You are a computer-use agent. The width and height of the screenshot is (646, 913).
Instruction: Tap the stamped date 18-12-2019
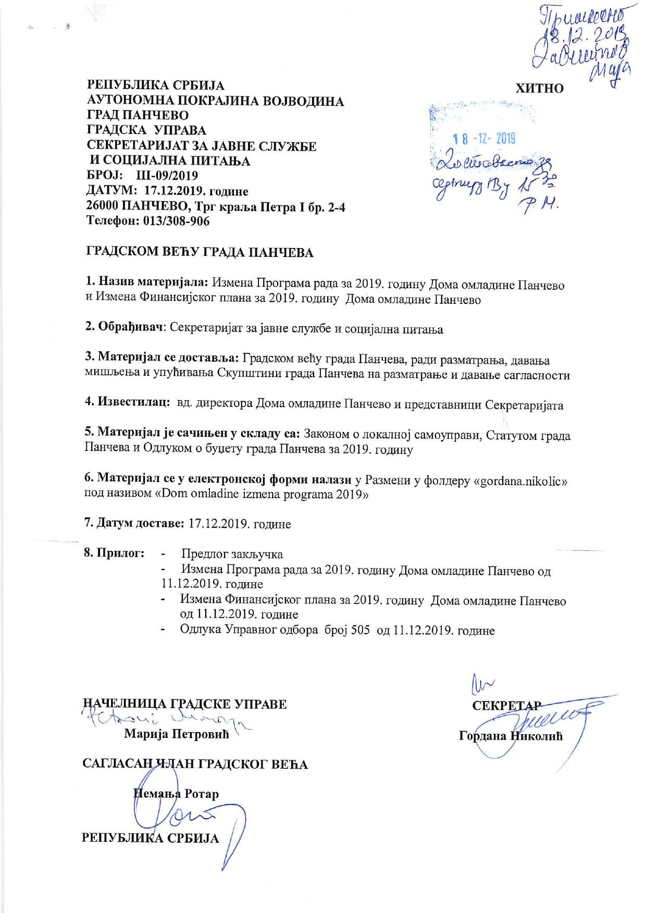(x=484, y=139)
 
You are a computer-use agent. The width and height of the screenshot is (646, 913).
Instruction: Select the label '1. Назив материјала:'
(x=147, y=284)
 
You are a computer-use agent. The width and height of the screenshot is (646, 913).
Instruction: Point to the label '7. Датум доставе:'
(x=134, y=523)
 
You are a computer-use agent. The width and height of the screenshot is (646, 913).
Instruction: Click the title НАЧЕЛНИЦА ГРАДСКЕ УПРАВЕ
(x=185, y=704)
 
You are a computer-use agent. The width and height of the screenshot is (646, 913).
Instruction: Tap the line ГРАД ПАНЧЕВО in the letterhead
(x=138, y=115)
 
